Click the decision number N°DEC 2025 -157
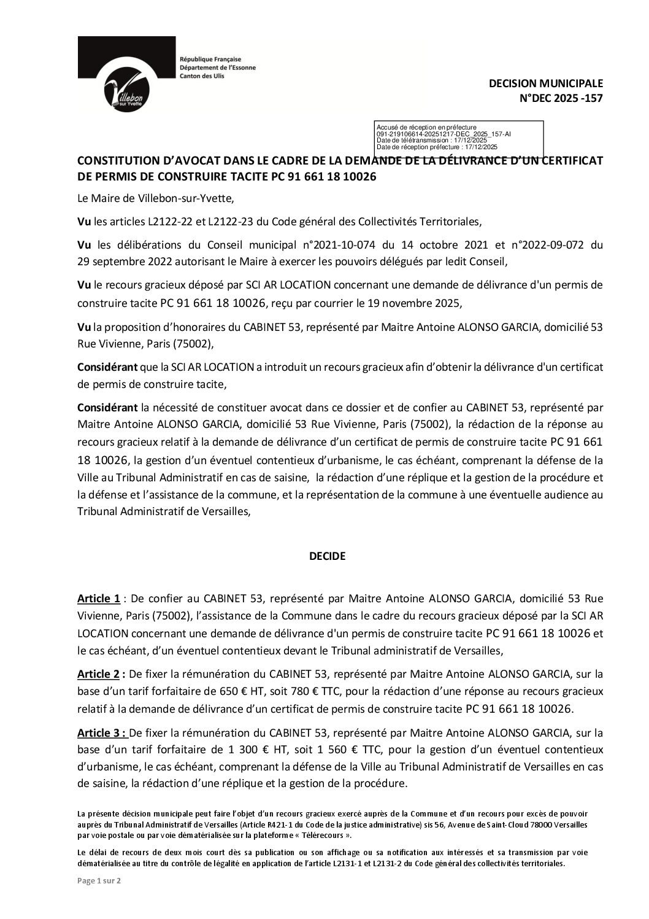pyautogui.click(x=561, y=96)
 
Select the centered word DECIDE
pyautogui.click(x=326, y=557)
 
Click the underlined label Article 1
pyautogui.click(x=98, y=598)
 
